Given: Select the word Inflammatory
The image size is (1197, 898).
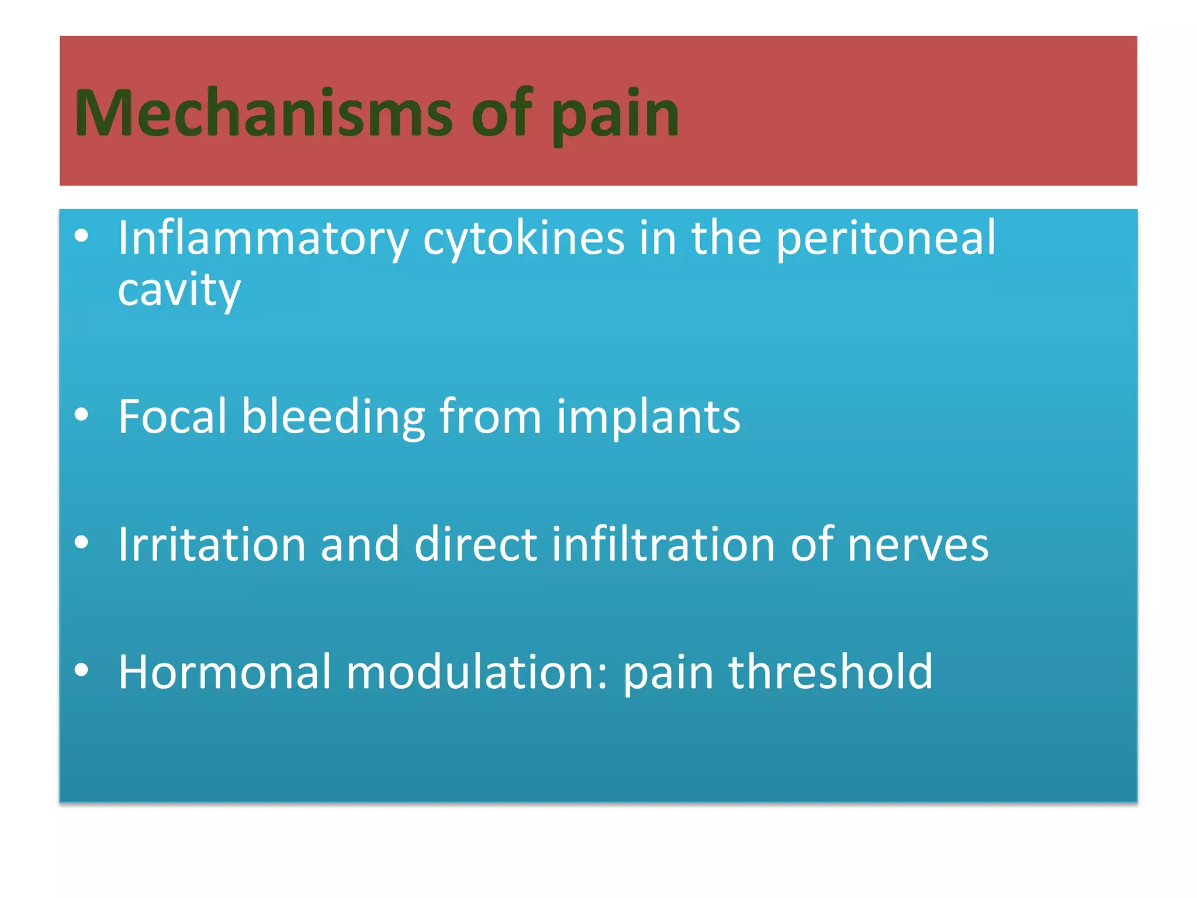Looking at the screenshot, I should pyautogui.click(x=262, y=239).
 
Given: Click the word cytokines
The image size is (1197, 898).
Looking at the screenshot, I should pyautogui.click(x=523, y=239).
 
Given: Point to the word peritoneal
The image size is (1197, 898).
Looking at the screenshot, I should pyautogui.click(x=885, y=239).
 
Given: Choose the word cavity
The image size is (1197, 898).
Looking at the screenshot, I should pyautogui.click(x=179, y=290).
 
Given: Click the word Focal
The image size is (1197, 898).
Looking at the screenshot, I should pyautogui.click(x=172, y=416).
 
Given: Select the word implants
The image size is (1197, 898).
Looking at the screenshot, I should pyautogui.click(x=648, y=417).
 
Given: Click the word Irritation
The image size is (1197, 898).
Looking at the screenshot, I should pyautogui.click(x=212, y=544).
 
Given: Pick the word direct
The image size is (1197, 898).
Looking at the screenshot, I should pyautogui.click(x=475, y=544).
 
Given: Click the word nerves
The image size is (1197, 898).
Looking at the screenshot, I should pyautogui.click(x=918, y=545).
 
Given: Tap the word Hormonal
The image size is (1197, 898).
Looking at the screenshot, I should pyautogui.click(x=225, y=672).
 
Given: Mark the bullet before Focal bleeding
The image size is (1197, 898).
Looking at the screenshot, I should pyautogui.click(x=81, y=415).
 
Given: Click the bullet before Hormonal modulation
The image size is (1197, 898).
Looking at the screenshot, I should pyautogui.click(x=81, y=670).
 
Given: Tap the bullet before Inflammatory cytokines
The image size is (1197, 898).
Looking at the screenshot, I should pyautogui.click(x=81, y=236).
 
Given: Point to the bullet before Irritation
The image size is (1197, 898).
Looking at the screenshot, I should pyautogui.click(x=81, y=542).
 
